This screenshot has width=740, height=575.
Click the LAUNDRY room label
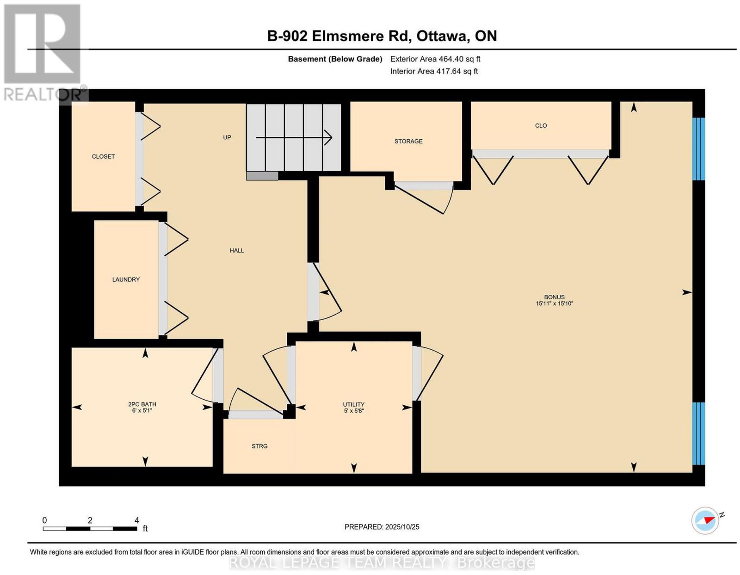point(126,279)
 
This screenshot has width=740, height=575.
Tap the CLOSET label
point(103,157)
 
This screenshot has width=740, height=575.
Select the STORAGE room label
point(408,141)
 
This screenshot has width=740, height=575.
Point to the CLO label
point(541,126)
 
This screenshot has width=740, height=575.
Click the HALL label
point(237,251)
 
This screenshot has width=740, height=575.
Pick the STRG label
point(259,446)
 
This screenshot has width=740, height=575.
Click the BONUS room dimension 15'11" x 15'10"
point(555,303)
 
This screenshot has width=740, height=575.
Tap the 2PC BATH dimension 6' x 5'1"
point(142,411)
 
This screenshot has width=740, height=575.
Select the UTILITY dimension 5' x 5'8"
point(353,411)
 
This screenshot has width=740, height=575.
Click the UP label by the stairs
point(227,137)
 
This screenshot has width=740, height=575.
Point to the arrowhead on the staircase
point(329,137)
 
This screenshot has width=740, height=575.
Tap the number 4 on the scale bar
point(136,520)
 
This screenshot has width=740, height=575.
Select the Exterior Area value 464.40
point(450,59)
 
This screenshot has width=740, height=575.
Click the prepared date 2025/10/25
point(402,527)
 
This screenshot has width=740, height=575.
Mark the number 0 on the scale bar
point(44,520)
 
